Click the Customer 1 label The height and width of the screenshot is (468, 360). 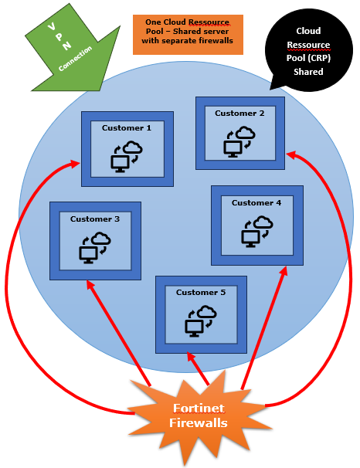coord(127,128)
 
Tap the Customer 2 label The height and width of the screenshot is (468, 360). coord(239,114)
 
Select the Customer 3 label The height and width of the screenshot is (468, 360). coord(95,219)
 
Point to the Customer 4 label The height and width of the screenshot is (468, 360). coord(256,203)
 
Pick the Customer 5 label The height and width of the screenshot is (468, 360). coord(201,293)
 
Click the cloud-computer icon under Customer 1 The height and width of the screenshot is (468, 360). coord(127,157)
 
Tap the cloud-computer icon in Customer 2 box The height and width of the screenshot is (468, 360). coord(239,142)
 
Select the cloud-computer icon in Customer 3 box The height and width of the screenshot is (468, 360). coord(95,248)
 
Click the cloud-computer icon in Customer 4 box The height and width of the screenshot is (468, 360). coord(257,232)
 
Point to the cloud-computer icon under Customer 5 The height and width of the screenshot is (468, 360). coord(201,321)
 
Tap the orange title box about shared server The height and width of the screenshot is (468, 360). coord(188,35)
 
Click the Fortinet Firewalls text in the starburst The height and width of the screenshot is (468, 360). coord(199,415)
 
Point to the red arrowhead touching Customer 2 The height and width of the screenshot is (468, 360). coord(290,155)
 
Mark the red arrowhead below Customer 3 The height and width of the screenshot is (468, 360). coord(90,284)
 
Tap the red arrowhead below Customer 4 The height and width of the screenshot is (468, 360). coord(284,271)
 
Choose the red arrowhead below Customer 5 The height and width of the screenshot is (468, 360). coord(191,356)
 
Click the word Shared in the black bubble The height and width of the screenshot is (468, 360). coord(308,72)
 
